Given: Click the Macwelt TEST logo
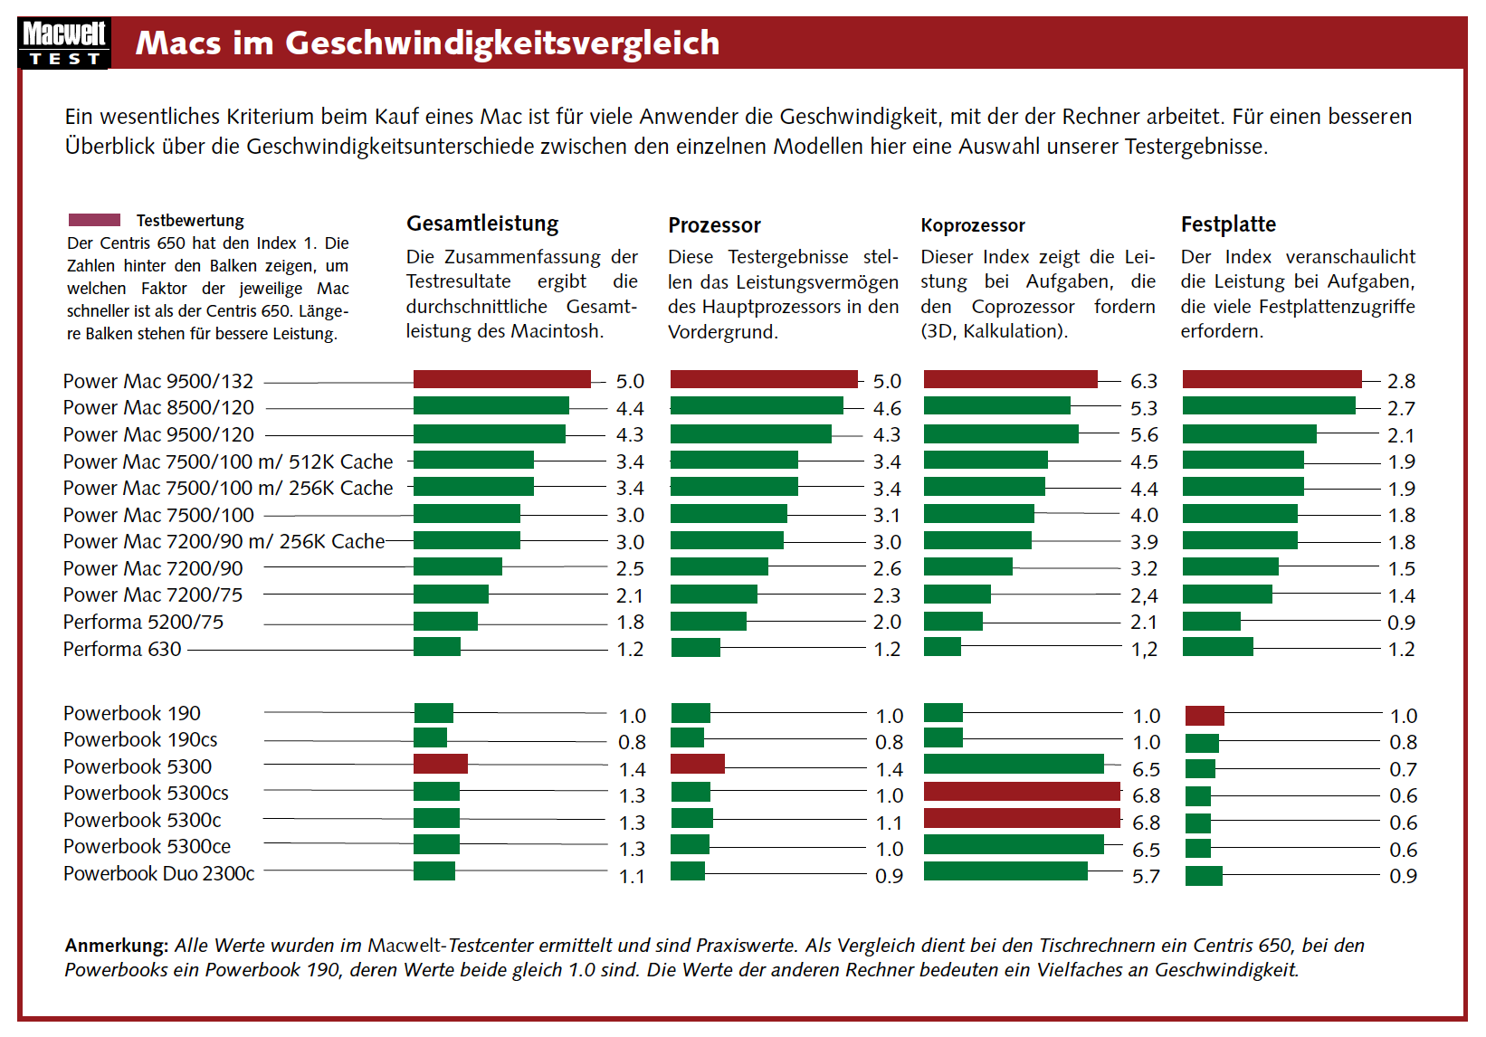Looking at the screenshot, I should [63, 43].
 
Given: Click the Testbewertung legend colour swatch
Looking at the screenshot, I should [94, 220].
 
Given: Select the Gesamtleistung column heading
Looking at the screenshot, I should [482, 224].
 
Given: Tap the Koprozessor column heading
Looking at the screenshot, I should [973, 225].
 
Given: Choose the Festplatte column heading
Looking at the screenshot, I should [1228, 224].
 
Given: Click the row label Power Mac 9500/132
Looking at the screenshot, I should [158, 381].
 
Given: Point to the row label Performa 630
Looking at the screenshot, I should [122, 649].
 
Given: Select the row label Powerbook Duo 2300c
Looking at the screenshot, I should [159, 873].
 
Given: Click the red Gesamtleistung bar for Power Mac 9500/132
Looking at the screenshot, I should [502, 379].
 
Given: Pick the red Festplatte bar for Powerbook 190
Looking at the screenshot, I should [1205, 716].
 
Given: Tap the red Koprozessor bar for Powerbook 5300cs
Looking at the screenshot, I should [1022, 792].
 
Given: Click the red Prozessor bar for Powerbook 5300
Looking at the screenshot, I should [697, 764].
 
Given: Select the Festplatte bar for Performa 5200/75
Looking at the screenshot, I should [1211, 621].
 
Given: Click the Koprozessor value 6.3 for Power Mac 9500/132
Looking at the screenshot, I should [1144, 381].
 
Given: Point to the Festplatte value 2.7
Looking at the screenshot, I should [1401, 408].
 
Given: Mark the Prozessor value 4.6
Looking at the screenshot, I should [887, 408].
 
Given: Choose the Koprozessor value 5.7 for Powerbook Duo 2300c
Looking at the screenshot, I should [1146, 876].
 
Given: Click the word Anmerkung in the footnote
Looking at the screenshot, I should [116, 946].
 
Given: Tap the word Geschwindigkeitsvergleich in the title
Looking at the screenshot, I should [502, 43].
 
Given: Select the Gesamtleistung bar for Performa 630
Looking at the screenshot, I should [437, 647].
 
